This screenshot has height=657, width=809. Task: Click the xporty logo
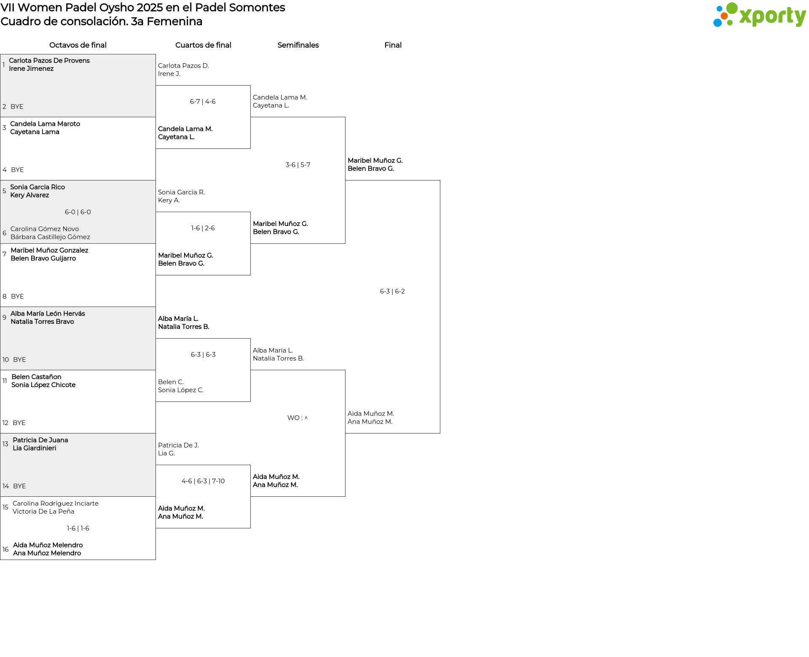759,15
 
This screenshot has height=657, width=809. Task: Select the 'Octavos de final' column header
78,45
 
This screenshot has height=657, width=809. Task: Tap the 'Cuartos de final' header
203,45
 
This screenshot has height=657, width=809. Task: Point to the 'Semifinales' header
298,45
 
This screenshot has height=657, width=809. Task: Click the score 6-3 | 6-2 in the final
392,291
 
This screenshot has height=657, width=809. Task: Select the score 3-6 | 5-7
298,165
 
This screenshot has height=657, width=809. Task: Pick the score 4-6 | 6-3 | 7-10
203,481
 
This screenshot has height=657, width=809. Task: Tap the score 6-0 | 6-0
78,212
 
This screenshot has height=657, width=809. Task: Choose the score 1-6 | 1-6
78,528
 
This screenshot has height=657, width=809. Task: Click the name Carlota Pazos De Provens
49,61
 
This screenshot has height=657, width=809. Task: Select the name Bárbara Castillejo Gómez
50,237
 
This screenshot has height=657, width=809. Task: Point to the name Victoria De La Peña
43,512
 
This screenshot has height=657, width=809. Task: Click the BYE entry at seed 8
17,296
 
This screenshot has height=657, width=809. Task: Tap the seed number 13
5,444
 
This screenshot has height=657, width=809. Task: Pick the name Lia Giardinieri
35,448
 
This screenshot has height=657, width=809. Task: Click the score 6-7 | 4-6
203,102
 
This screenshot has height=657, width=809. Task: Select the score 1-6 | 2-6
203,228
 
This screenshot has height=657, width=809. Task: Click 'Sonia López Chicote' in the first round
43,385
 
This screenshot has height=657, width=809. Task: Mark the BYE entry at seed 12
19,423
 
